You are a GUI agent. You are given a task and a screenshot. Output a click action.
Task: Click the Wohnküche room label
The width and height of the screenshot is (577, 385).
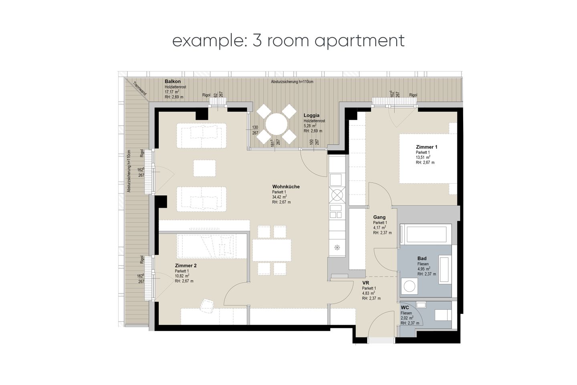coord(286,187)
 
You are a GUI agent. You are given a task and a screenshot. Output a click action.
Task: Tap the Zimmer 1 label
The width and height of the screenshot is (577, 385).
coord(427,147)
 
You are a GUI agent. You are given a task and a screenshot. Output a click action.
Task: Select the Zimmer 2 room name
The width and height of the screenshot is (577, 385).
coord(186,265)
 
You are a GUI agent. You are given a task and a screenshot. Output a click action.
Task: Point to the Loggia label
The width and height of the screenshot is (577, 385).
coord(311,115)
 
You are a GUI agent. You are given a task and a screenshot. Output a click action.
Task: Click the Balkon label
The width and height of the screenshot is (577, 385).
coord(173,81)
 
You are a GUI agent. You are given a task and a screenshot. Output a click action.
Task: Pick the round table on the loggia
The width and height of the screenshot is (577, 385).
coord(276,124)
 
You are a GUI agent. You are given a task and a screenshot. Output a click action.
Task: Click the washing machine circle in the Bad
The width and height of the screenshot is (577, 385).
coord(409,286)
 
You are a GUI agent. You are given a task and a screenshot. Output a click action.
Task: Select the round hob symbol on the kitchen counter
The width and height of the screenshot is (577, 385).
coord(337,195)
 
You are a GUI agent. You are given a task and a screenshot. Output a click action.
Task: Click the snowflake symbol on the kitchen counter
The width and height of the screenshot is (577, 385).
coord(337,248)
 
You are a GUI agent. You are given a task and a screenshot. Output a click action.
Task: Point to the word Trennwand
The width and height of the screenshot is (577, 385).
coord(140,89)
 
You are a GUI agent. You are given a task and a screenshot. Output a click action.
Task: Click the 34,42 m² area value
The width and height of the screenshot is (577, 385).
coord(280,197)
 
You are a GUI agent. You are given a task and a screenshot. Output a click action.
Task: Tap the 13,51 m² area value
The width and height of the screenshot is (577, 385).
coord(423,157)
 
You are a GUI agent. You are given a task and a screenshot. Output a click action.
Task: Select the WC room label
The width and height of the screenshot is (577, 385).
coord(405,308)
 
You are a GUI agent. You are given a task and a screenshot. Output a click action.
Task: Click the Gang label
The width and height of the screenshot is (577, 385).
coord(379,217)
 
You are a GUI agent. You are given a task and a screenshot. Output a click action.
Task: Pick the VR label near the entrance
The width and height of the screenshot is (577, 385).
coord(365,283)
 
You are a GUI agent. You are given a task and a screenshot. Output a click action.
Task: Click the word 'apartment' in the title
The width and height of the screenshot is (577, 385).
coord(359,41)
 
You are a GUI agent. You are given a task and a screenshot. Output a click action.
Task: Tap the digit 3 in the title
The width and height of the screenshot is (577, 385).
coord(257,40)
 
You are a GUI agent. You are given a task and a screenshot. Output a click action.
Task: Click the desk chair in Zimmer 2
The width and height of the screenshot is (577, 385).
coord(207,306)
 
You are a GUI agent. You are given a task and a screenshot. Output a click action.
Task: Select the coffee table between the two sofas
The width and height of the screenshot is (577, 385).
coord(204,168)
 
